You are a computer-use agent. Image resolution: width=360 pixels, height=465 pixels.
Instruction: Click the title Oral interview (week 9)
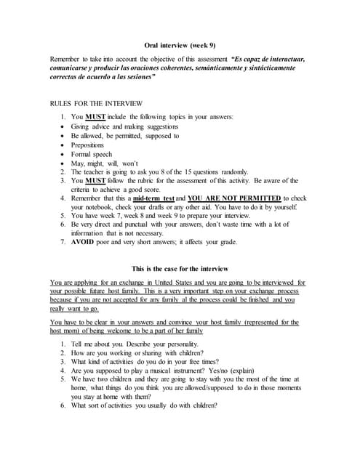[179, 44]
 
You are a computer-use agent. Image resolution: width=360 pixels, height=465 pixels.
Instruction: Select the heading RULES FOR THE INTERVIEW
[95, 104]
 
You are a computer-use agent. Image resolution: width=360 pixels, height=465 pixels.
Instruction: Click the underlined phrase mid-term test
[153, 198]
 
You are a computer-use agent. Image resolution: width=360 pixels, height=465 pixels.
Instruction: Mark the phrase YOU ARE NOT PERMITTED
[233, 198]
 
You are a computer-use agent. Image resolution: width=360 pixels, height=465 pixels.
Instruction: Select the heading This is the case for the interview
[180, 267]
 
